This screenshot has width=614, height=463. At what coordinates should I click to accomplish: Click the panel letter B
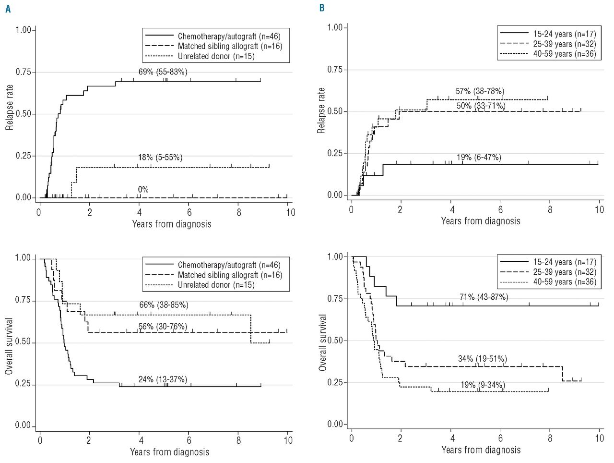coord(322,8)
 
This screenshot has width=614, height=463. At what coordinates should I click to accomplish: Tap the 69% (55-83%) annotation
coord(163,72)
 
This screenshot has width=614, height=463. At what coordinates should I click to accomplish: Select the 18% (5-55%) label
coord(160,158)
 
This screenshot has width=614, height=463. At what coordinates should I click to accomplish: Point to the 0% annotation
coord(143,190)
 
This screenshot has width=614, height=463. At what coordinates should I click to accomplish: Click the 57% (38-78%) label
coord(480,91)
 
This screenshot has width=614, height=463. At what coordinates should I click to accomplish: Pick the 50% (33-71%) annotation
coord(481,106)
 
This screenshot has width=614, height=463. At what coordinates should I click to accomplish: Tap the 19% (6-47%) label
coord(479,158)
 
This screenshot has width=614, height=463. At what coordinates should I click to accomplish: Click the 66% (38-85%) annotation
coord(164,305)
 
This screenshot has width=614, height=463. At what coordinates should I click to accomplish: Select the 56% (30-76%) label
coord(163,327)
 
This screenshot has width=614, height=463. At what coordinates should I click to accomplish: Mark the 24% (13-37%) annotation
coord(163,379)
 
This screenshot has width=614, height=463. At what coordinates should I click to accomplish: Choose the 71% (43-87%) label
coord(484,297)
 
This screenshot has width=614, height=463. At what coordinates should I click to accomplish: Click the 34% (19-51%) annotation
coord(482,359)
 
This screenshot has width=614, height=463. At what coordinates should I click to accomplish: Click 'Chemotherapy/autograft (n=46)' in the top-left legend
coord(229,37)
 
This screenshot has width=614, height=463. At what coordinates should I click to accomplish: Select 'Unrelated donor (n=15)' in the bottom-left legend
coord(216,285)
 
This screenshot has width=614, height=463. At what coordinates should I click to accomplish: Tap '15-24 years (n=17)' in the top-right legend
coord(564,34)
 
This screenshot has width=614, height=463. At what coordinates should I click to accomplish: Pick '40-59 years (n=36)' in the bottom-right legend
coord(565,282)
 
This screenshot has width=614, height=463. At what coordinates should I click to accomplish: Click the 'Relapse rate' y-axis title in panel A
coord(10,108)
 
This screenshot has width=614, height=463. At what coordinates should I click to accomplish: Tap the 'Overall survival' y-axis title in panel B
coord(323,342)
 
